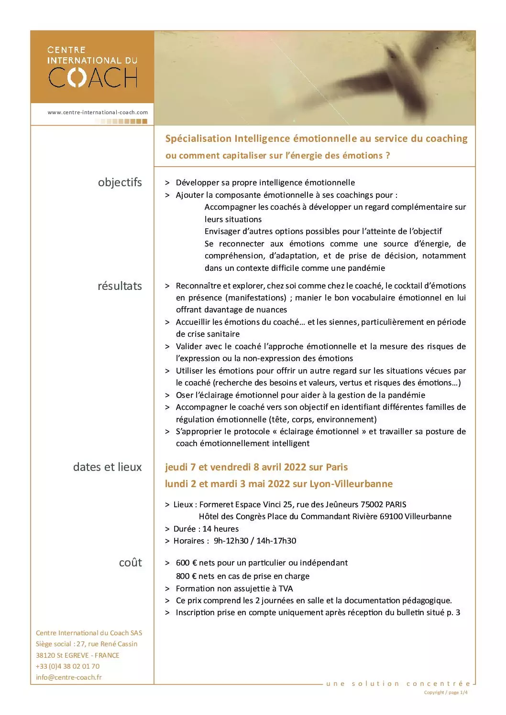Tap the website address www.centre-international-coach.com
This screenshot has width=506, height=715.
point(98,112)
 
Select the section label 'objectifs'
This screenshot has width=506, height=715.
point(120,182)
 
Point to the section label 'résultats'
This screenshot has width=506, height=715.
point(120,286)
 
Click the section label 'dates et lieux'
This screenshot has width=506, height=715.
point(107,467)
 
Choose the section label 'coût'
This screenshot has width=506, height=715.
point(130,562)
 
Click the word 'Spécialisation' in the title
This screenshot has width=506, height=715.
point(198,139)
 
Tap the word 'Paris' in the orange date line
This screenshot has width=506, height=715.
point(337,467)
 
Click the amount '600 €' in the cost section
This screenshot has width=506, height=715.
point(187,563)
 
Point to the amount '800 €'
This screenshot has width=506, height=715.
point(187,576)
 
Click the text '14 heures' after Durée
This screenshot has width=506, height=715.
point(220,529)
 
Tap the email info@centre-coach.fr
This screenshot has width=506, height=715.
point(69,677)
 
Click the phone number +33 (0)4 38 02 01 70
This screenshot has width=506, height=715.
point(67,666)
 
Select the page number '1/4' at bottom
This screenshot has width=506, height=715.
point(463,692)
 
